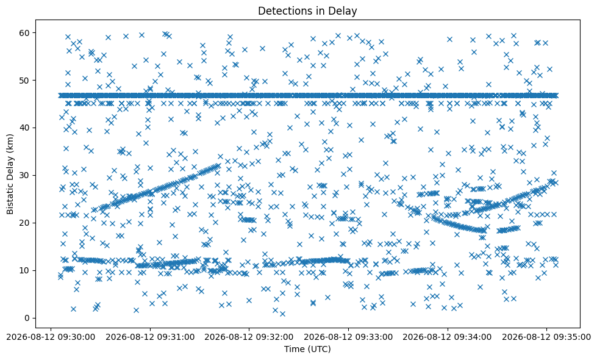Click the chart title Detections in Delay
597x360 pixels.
(307, 11)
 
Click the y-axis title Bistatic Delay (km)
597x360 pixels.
(10, 174)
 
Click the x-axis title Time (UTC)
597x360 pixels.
(307, 349)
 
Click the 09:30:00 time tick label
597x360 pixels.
(51, 337)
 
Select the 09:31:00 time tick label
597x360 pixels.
(150, 337)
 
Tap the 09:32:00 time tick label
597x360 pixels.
(249, 337)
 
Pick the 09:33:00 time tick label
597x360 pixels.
(348, 337)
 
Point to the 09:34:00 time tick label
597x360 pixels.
(448, 337)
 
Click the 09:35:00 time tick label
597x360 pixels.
(546, 337)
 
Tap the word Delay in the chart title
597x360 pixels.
(344, 12)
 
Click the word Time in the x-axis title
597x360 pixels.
(293, 349)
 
